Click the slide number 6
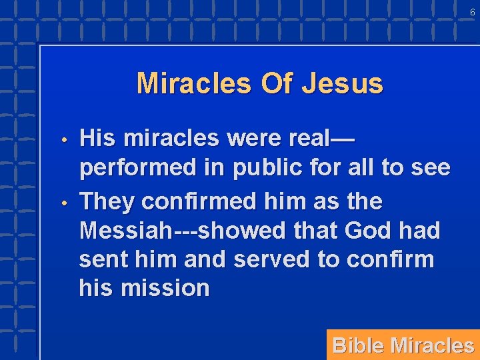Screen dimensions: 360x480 (x=472, y=13)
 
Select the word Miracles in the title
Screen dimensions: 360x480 (x=194, y=84)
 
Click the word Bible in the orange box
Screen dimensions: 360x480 (x=358, y=345)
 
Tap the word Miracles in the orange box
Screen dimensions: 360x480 (x=432, y=345)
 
